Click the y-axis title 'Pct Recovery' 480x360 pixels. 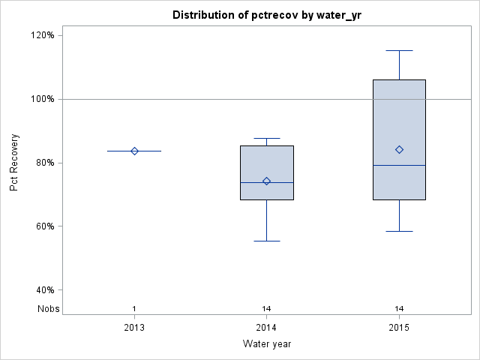click(x=14, y=163)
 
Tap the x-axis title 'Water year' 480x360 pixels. click(x=266, y=344)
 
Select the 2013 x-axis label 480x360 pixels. click(x=134, y=328)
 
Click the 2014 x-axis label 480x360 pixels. click(x=266, y=328)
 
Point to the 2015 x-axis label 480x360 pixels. click(x=399, y=328)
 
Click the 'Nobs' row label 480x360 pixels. click(x=47, y=308)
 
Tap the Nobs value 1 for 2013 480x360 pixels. click(x=134, y=308)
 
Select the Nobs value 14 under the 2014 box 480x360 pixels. click(x=266, y=308)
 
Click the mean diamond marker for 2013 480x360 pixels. click(x=134, y=151)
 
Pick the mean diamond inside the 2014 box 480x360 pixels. click(x=266, y=181)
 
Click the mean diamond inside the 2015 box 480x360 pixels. click(x=399, y=149)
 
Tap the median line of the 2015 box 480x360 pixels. click(x=399, y=165)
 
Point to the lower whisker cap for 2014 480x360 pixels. click(x=266, y=241)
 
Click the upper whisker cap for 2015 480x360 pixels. click(x=399, y=50)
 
